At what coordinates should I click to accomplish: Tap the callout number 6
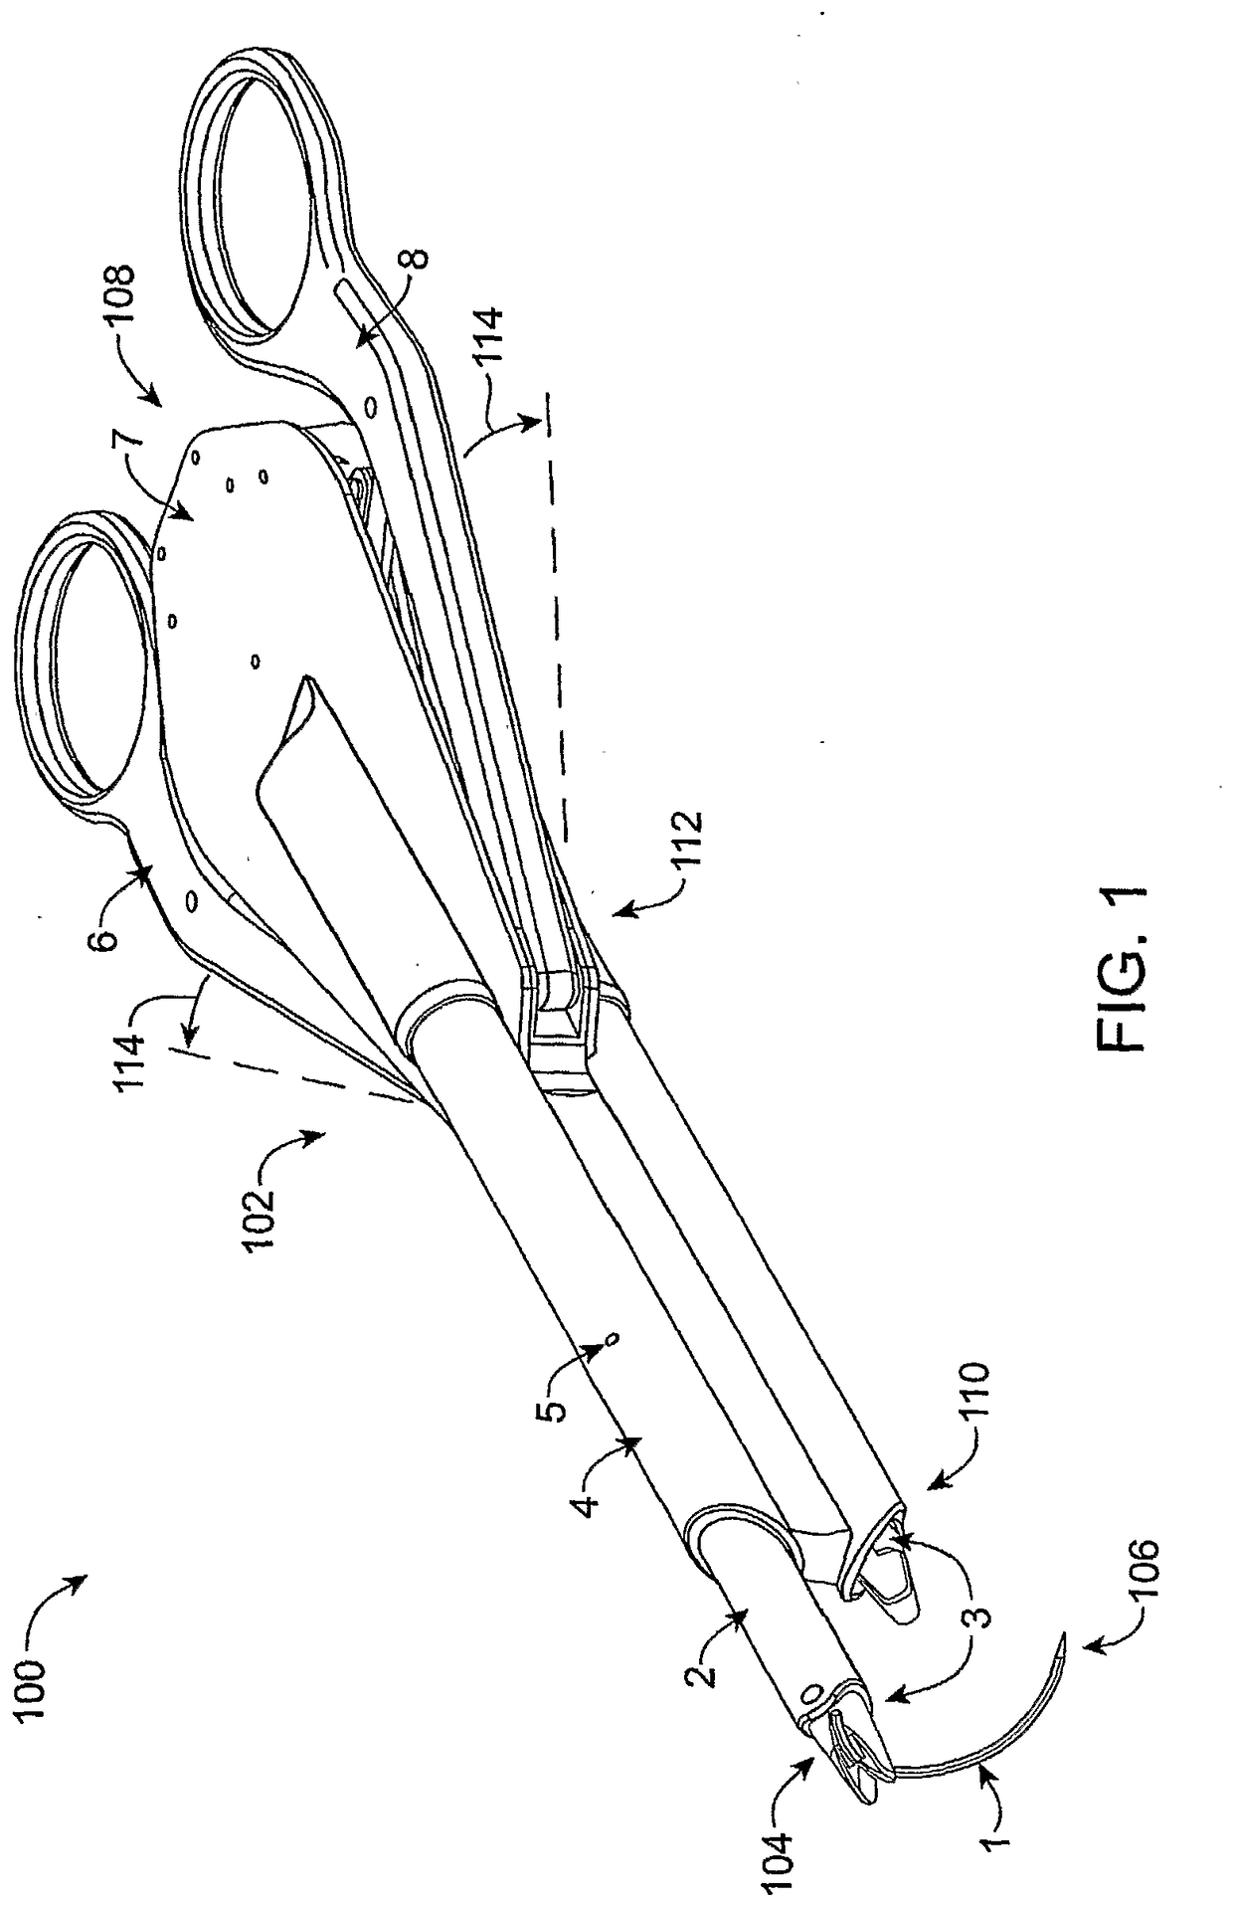[108, 926]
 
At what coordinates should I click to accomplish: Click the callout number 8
[419, 260]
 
